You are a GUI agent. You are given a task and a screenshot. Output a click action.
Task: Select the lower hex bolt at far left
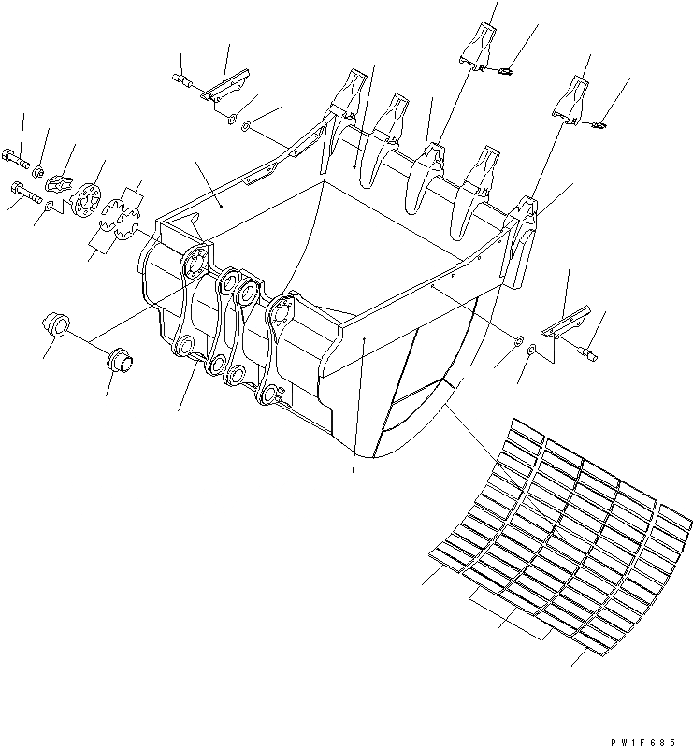(24, 194)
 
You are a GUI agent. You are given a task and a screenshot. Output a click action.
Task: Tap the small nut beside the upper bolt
(38, 172)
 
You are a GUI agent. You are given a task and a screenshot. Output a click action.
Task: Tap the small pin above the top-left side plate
(185, 83)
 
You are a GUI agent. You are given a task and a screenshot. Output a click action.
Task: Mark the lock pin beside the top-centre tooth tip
(505, 71)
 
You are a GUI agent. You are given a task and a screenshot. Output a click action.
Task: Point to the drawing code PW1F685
(638, 739)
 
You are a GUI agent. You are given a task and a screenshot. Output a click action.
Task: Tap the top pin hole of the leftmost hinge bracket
(197, 262)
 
